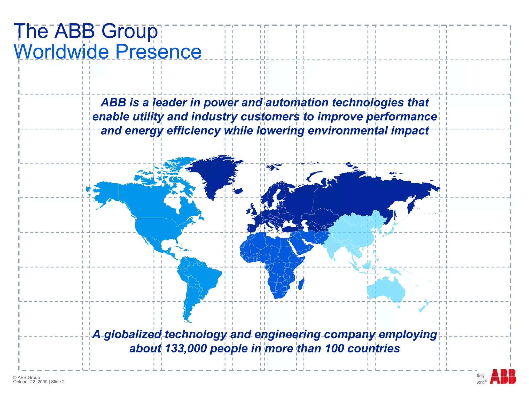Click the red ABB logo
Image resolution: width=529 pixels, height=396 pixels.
503,377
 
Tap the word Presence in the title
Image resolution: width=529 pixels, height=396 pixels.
158,52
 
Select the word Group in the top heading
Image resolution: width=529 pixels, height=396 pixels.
129,31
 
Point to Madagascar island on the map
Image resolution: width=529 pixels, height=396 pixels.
301,284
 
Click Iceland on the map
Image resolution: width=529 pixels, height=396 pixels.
238,191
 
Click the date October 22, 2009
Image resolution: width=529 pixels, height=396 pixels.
30,382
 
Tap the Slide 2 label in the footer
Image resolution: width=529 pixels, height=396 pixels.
58,382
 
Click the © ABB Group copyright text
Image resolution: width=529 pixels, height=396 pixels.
27,377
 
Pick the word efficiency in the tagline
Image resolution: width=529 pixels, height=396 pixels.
193,131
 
